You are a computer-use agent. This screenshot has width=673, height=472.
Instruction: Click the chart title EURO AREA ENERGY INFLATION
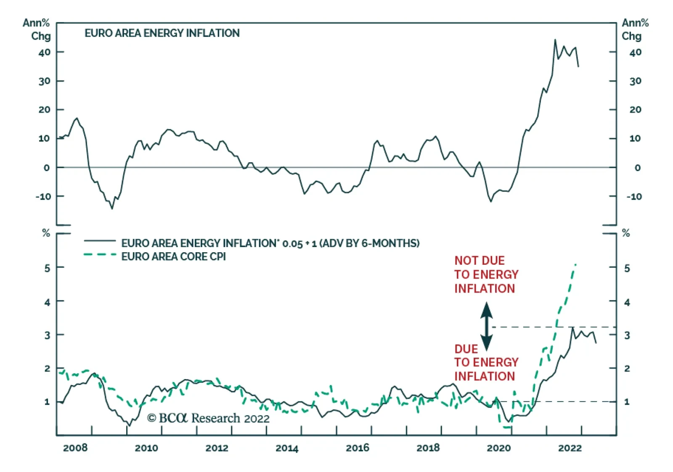click(x=162, y=33)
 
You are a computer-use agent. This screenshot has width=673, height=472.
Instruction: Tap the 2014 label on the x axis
click(x=287, y=448)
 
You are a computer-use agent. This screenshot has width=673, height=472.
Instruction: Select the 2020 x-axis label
click(x=498, y=448)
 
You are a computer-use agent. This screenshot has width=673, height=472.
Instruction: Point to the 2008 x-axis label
click(x=75, y=448)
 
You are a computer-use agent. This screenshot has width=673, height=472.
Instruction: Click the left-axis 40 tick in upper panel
click(x=45, y=52)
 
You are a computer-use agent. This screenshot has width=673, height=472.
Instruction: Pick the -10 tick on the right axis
click(x=634, y=196)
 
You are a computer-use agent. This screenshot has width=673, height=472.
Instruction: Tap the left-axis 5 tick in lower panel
click(x=47, y=268)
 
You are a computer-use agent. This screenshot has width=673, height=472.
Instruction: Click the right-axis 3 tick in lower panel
click(x=627, y=335)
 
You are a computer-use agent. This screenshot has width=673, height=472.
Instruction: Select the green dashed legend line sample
click(x=100, y=255)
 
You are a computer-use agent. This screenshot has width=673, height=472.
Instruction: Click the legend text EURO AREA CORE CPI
click(x=173, y=256)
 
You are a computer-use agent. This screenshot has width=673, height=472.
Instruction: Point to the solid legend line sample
click(x=100, y=241)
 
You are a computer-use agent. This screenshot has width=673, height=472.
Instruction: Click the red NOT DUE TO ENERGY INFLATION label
click(x=486, y=274)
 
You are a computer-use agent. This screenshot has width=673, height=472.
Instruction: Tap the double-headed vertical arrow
click(x=487, y=327)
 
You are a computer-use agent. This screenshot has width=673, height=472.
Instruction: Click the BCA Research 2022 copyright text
click(x=208, y=418)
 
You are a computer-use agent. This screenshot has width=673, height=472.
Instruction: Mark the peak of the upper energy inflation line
click(x=555, y=40)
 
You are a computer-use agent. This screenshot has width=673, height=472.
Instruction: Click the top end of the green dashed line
click(x=575, y=264)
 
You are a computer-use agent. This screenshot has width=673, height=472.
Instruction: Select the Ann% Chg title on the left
click(x=37, y=29)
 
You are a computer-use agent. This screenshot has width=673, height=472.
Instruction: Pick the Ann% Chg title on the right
click(x=635, y=29)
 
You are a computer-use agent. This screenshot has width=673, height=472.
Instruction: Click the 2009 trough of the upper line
click(x=112, y=208)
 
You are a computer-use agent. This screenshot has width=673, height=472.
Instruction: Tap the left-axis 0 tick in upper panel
click(x=47, y=168)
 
